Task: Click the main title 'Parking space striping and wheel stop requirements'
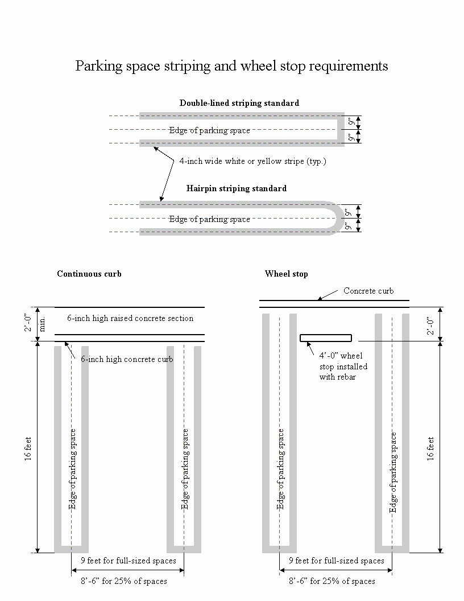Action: [231, 66]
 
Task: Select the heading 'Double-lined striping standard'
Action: [239, 103]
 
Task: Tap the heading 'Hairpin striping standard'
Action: [236, 188]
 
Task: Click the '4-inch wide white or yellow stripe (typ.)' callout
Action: [252, 162]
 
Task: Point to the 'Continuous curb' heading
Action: [89, 274]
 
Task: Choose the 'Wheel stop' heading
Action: [286, 274]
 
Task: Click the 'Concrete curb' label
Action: [368, 291]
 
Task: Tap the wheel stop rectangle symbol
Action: [326, 338]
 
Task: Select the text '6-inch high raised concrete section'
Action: [130, 318]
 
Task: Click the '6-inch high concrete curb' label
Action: [127, 359]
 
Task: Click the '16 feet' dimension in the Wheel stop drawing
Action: [430, 447]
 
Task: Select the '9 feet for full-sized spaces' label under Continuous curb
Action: [129, 561]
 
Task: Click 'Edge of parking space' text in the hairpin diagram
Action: [209, 219]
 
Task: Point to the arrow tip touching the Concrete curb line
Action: [318, 299]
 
